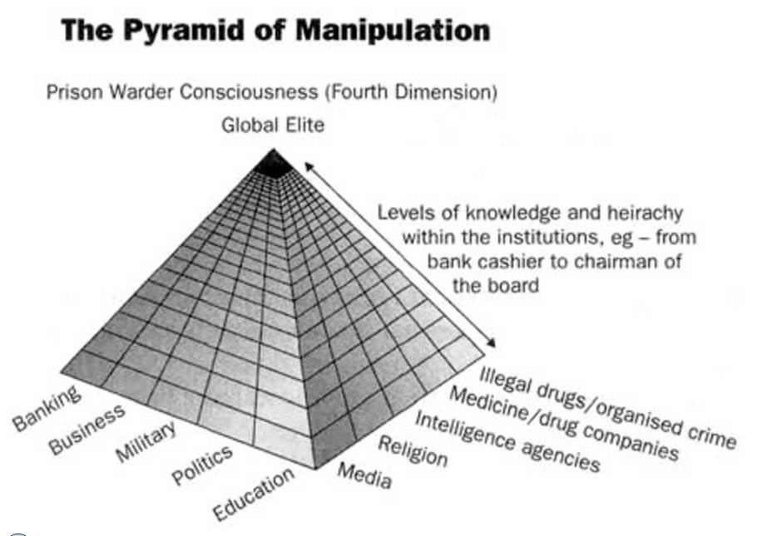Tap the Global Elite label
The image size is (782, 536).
[x=273, y=126]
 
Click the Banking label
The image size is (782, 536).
[x=47, y=408]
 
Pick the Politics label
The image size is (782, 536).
[x=202, y=465]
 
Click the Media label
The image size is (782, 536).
[x=364, y=475]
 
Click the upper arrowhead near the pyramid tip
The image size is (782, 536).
[x=308, y=166]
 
